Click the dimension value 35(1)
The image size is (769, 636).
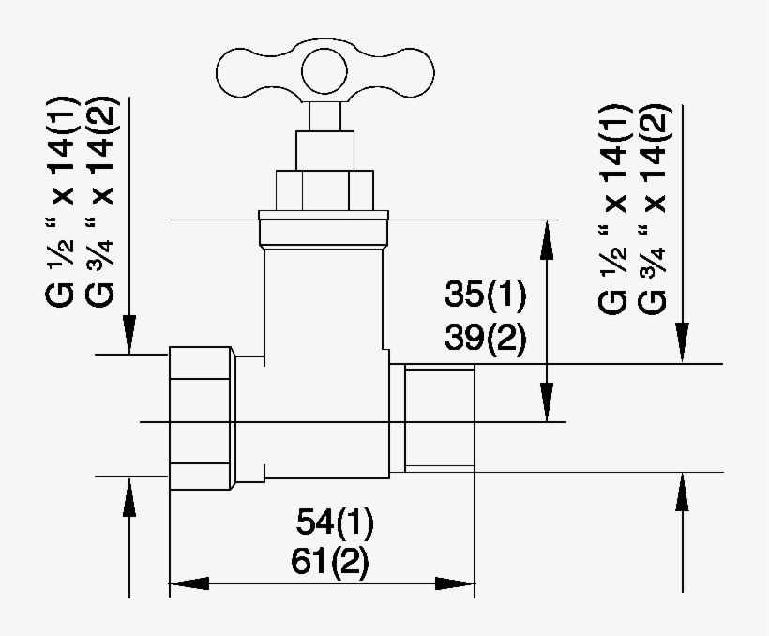(485, 295)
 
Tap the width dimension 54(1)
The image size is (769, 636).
(334, 522)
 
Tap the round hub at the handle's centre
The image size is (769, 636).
(326, 75)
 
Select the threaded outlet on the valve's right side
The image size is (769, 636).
(439, 418)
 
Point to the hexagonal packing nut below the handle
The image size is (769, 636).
(324, 189)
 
